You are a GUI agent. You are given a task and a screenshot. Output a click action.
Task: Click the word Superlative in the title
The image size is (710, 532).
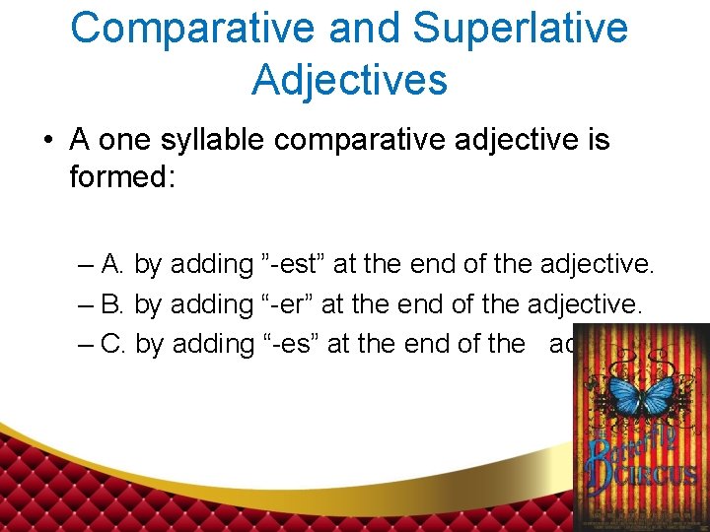pyautogui.click(x=520, y=28)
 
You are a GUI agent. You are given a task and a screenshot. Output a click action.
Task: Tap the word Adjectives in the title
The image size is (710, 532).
pyautogui.click(x=349, y=79)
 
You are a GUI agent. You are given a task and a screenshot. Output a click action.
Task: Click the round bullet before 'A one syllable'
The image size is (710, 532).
pyautogui.click(x=48, y=141)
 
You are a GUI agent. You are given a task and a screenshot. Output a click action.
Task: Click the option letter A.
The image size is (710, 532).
pyautogui.click(x=111, y=264)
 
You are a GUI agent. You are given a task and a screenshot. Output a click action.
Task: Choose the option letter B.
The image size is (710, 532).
pyautogui.click(x=111, y=303)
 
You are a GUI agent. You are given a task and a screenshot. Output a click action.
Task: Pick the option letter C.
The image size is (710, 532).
pyautogui.click(x=112, y=343)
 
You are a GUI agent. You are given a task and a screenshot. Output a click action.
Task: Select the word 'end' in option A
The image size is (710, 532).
pyautogui.click(x=437, y=264)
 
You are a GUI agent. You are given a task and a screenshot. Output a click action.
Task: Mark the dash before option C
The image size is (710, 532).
pyautogui.click(x=85, y=343)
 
